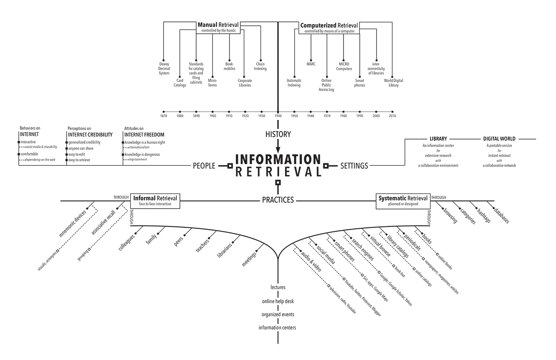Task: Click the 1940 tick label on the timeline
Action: [278, 116]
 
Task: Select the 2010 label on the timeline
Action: [392, 116]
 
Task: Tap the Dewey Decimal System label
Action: [164, 68]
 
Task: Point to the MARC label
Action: [311, 64]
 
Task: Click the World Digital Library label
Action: [393, 83]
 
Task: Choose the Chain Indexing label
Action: [260, 66]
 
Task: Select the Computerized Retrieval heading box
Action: [329, 27]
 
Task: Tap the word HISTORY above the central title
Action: [278, 134]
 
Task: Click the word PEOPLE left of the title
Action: [204, 166]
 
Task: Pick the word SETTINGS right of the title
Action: [354, 166]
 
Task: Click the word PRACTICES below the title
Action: [278, 200]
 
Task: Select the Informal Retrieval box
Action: [155, 200]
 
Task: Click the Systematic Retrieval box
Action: [403, 200]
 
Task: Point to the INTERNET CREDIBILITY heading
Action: [90, 135]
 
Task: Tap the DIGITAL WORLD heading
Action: [499, 139]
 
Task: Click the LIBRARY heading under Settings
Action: [438, 139]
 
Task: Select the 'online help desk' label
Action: [278, 301]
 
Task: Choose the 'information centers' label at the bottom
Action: [277, 328]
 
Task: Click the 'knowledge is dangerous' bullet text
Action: [142, 154]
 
